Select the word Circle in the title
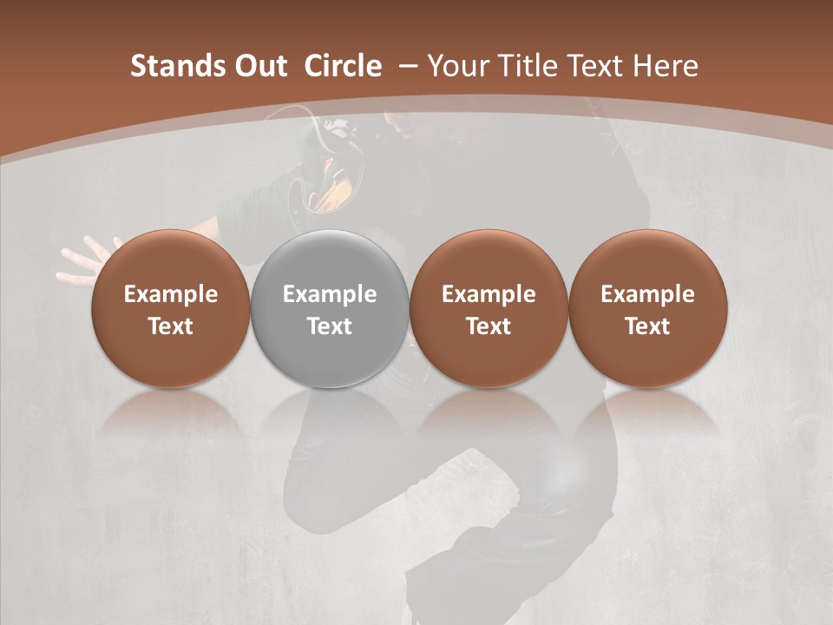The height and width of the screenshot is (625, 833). point(343,66)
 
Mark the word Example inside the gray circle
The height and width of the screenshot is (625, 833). point(330,294)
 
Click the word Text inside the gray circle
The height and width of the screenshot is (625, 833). point(330,326)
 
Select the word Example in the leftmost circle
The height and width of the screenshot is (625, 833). point(171,294)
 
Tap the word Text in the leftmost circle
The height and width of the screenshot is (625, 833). point(171,326)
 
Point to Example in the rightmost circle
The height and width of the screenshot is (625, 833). point(647,294)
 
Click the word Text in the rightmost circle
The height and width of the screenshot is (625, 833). point(647,326)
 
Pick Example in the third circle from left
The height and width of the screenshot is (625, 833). point(489,294)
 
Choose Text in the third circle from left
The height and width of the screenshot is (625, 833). point(489,326)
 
